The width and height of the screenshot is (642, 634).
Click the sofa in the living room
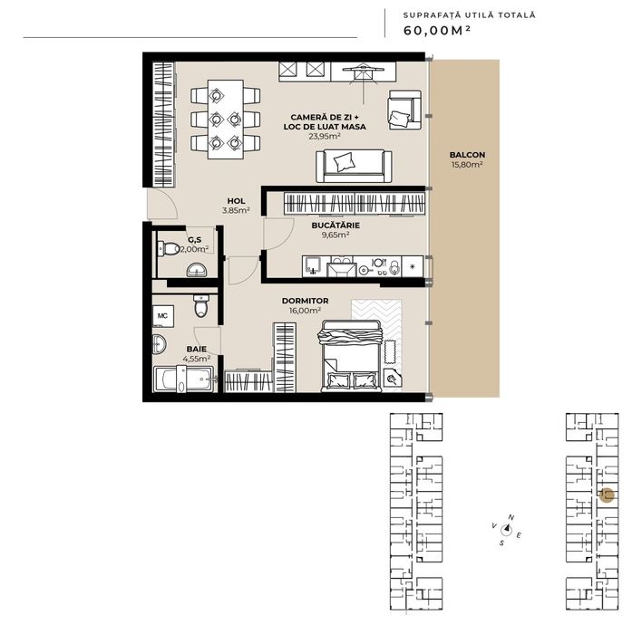[x=354, y=164]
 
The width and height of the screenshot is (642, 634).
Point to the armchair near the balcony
[x=402, y=110]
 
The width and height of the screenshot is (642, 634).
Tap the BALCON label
[x=466, y=155]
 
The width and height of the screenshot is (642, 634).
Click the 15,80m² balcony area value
[x=466, y=165]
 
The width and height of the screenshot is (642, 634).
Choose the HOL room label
[x=236, y=201]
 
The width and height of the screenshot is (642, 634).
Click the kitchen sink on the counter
[x=314, y=266]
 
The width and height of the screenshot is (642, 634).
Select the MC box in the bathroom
[x=162, y=315]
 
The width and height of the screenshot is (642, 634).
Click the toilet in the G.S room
[x=167, y=250]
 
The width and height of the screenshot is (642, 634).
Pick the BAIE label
[x=196, y=348]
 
